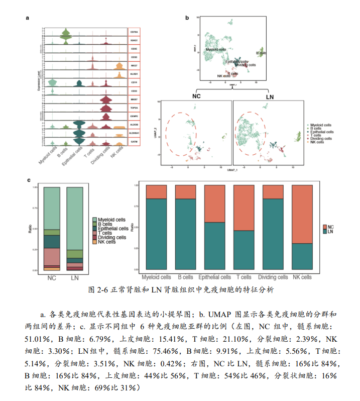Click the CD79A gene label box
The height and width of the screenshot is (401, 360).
tap(134, 31)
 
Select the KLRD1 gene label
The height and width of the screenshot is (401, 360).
tap(134, 74)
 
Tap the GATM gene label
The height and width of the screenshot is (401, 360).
tap(134, 142)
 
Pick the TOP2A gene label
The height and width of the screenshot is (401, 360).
tap(134, 108)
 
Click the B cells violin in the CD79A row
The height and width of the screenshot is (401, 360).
tap(64, 34)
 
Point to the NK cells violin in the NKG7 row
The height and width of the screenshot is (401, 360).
tap(119, 67)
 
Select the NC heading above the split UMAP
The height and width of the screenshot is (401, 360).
tap(199, 96)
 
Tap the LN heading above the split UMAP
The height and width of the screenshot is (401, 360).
tap(269, 96)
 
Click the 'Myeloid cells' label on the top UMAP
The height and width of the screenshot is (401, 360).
tap(214, 49)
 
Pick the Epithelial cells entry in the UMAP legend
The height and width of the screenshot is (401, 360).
tap(321, 131)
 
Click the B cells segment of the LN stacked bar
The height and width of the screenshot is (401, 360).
tap(75, 254)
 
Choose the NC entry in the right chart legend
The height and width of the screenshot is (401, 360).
tap(329, 227)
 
